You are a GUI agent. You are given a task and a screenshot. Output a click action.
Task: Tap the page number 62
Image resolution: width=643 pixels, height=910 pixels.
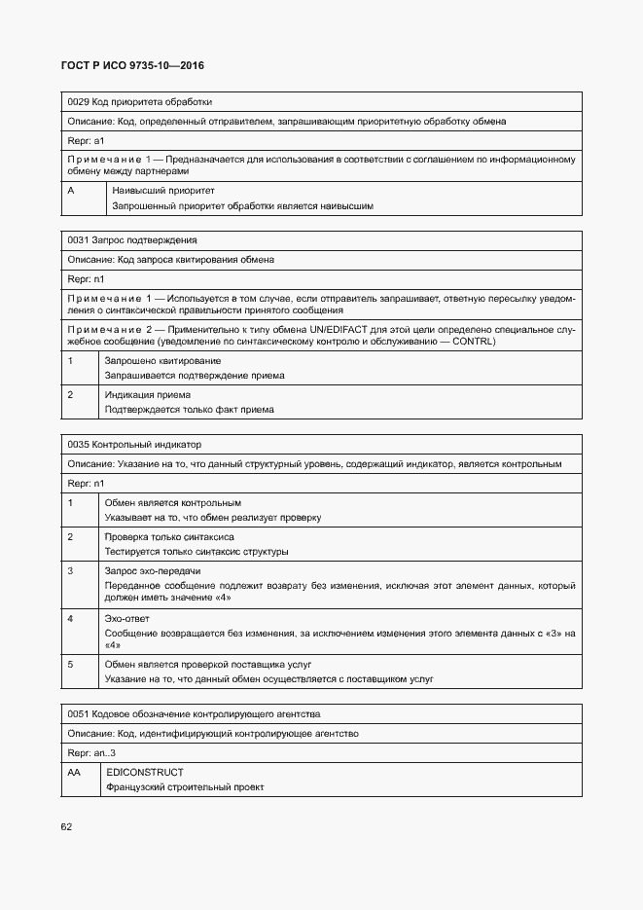coord(66,826)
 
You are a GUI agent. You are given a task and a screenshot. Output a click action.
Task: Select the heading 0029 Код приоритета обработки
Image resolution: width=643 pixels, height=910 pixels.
coord(139,101)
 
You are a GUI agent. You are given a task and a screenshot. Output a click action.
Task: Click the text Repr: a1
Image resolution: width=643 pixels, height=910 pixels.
coord(86,141)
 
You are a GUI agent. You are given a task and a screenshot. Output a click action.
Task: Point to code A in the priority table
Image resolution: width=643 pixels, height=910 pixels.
coord(71,191)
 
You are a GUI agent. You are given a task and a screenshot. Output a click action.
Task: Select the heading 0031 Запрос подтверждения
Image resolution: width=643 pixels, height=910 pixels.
coord(132,239)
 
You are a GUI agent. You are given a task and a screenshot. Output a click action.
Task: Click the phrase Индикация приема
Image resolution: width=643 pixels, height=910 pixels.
coord(147,395)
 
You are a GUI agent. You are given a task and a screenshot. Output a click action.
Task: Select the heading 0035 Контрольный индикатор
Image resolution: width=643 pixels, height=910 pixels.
coord(134,444)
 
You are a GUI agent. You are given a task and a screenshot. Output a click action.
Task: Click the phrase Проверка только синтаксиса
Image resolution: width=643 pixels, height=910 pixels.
coord(169,536)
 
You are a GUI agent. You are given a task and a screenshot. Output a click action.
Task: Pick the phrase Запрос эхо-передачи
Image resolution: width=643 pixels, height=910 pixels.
coord(153,570)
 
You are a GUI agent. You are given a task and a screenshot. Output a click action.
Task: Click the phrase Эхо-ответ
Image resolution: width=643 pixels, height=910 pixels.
coord(127,618)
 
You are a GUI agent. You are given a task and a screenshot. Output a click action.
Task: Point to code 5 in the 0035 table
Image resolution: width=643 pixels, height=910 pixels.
coord(71,664)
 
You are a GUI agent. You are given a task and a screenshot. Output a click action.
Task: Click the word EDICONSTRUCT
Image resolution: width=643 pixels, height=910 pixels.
coord(145,772)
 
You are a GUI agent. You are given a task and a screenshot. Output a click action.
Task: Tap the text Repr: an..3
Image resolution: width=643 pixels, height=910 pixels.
coord(91,752)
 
